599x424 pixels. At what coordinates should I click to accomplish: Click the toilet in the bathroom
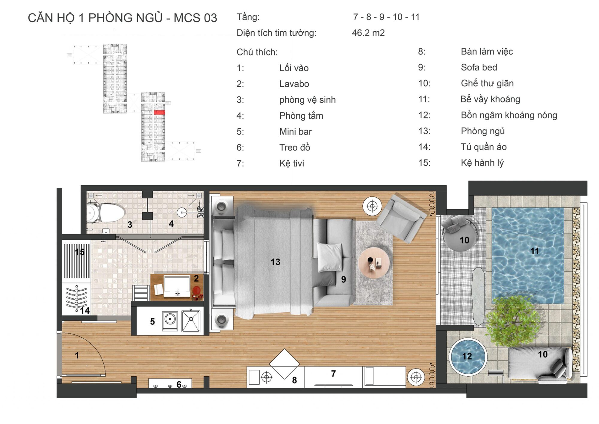(x=105, y=213)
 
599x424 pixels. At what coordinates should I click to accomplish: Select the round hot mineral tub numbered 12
(x=468, y=356)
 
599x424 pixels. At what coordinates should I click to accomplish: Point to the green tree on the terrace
(x=513, y=321)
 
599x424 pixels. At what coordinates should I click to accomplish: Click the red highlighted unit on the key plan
(x=159, y=112)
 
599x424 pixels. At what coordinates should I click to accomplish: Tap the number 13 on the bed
(x=275, y=262)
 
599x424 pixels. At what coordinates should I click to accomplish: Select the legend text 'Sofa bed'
(x=479, y=67)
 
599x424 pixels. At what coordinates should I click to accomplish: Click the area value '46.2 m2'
(x=368, y=33)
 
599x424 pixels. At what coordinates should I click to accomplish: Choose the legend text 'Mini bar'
(x=295, y=131)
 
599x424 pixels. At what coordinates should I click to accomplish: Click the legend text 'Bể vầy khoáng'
(x=490, y=99)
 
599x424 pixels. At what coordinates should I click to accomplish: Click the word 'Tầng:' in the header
(x=248, y=17)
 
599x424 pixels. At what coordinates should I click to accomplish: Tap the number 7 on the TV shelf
(x=333, y=374)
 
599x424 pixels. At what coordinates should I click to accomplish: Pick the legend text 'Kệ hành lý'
(x=482, y=163)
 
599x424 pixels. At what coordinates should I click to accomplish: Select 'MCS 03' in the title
(x=195, y=18)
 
